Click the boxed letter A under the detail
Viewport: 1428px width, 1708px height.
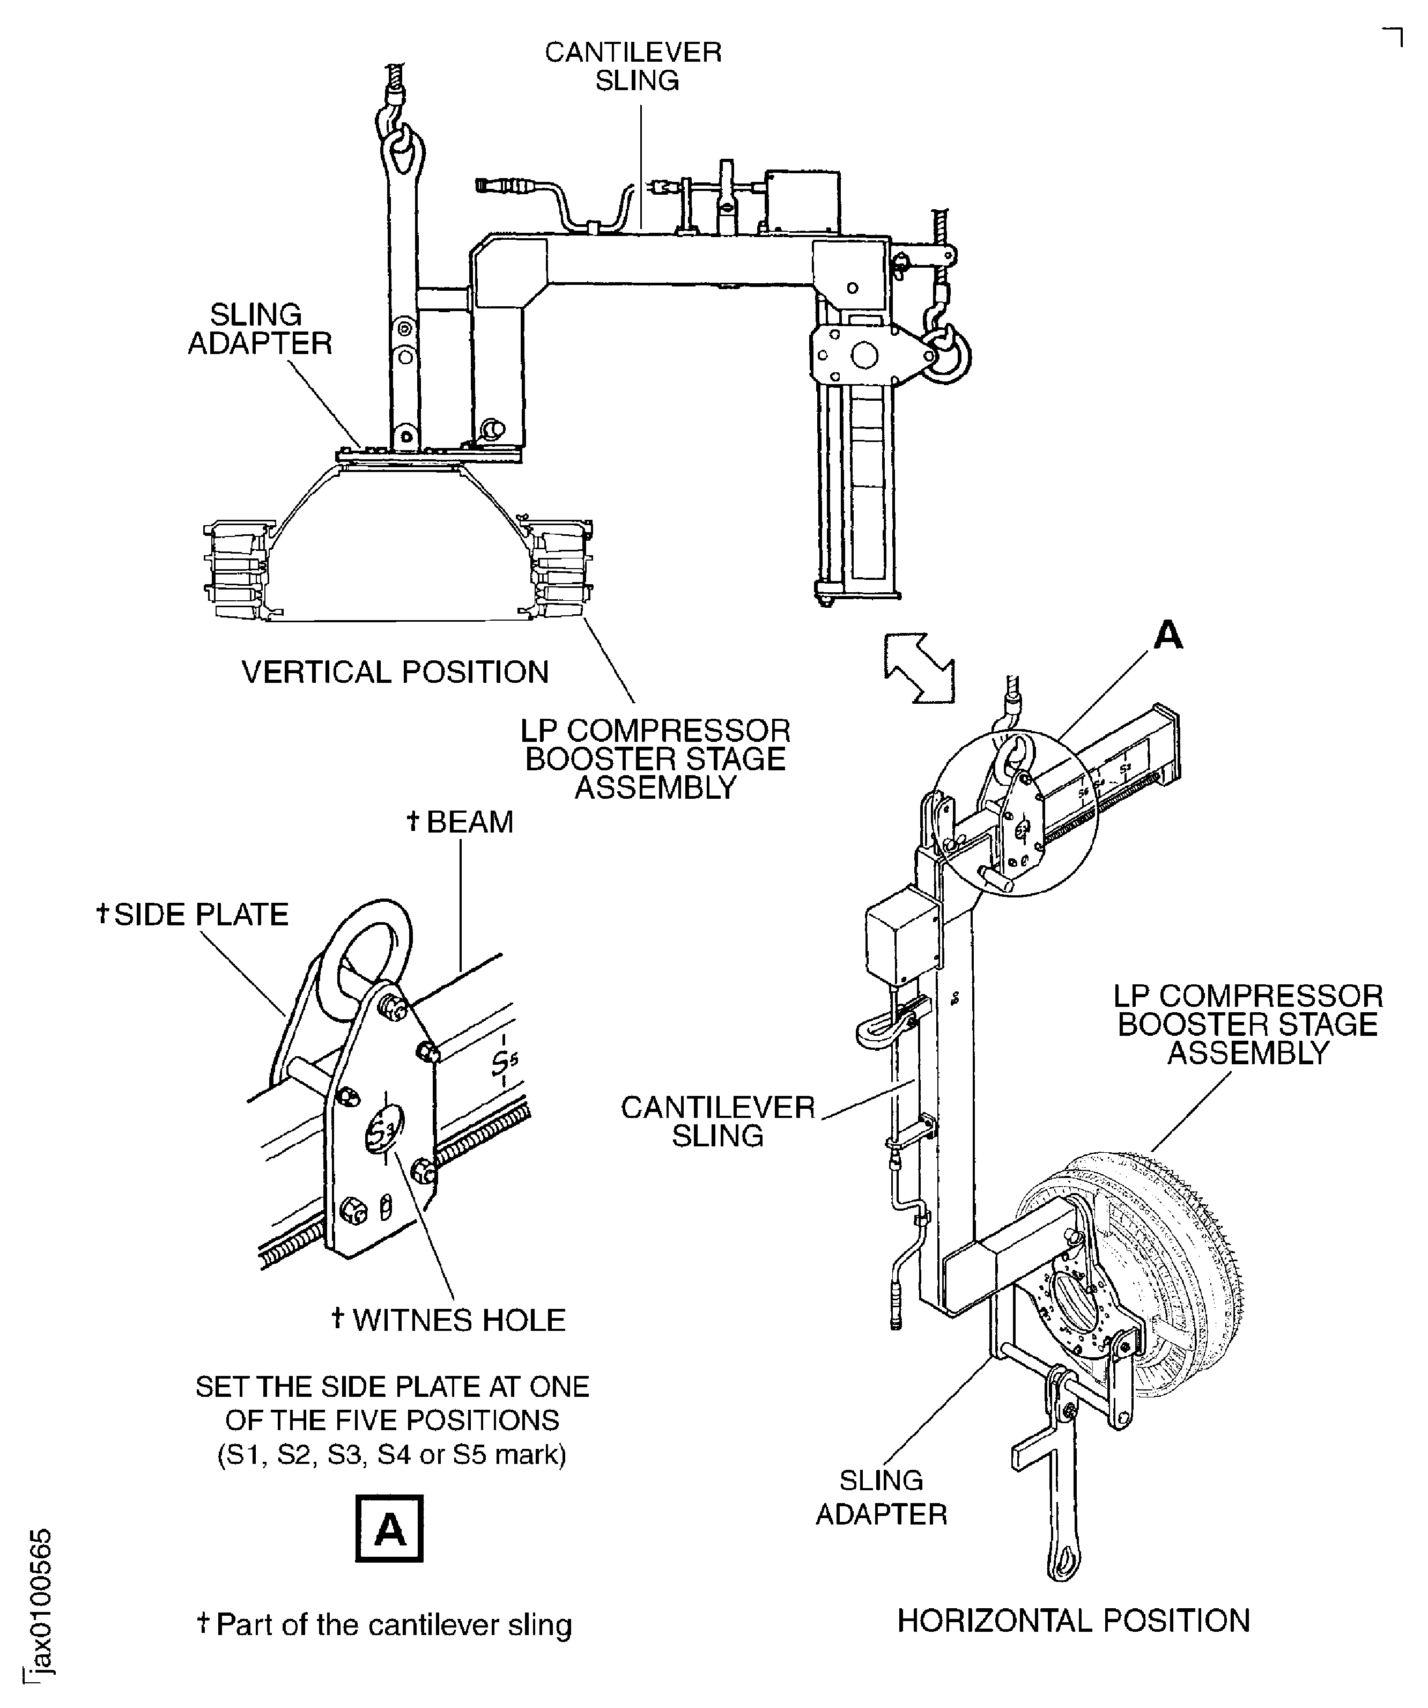coord(389,1527)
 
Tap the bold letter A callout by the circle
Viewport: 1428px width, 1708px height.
coord(1168,635)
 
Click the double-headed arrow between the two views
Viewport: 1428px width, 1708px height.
coord(919,668)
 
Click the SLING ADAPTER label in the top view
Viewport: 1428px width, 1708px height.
coord(260,329)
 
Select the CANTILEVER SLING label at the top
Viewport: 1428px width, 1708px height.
coord(633,66)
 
